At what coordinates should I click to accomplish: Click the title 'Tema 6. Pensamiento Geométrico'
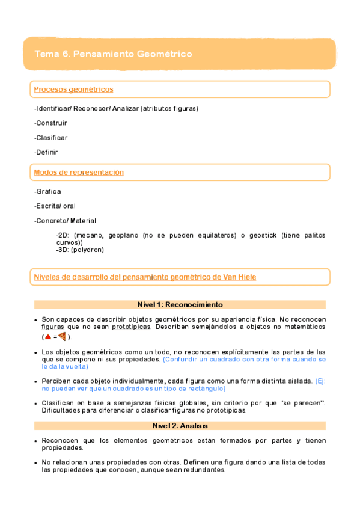[x=114, y=54]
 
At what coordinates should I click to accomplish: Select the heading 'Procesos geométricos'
[x=73, y=90]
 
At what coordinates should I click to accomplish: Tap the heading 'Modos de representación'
[x=79, y=173]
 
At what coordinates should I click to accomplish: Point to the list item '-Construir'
[x=50, y=123]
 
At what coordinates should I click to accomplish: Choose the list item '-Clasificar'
[x=51, y=138]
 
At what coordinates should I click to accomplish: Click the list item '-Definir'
[x=46, y=152]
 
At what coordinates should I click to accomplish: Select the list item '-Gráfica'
[x=47, y=191]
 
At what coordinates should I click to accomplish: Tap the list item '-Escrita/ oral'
[x=55, y=206]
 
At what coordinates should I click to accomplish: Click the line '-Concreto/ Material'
[x=65, y=221]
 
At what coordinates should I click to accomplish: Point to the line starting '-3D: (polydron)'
[x=79, y=250]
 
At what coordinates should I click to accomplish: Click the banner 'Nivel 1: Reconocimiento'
[x=180, y=305]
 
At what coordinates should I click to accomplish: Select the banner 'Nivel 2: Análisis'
[x=180, y=426]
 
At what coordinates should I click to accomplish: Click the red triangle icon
[x=48, y=337]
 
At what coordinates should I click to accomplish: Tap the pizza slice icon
[x=61, y=337]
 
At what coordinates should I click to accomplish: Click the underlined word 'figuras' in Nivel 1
[x=53, y=327]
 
